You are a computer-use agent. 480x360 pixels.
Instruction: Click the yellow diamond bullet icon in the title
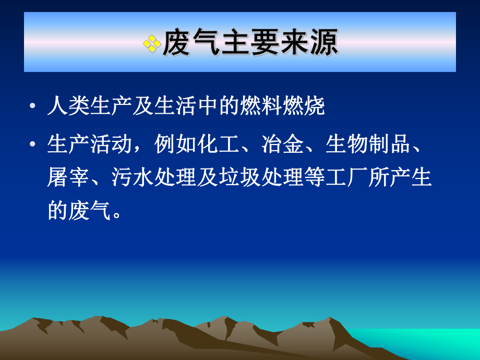click(152, 43)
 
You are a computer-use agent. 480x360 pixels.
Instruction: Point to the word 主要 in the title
click(250, 43)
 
